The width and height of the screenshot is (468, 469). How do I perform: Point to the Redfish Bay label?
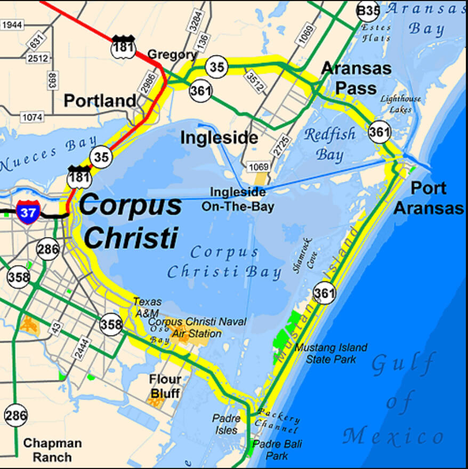coord(329,144)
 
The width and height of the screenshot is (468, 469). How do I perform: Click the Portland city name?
coord(100,100)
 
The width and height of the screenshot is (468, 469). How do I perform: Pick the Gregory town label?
coord(172,54)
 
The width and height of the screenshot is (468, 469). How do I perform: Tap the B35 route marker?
coord(368,10)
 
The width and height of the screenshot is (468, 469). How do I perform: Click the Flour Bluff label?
coord(165,386)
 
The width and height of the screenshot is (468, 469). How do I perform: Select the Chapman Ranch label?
coord(52,449)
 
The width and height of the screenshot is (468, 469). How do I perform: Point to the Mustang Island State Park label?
coord(331,353)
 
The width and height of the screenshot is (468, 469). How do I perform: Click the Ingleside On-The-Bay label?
coord(238,199)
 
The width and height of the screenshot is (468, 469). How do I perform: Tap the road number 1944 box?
coord(12,25)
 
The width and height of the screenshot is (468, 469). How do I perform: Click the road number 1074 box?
coord(33,116)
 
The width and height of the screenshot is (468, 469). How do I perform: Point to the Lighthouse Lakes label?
coord(400,104)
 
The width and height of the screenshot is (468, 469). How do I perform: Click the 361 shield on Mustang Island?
coord(324,292)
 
